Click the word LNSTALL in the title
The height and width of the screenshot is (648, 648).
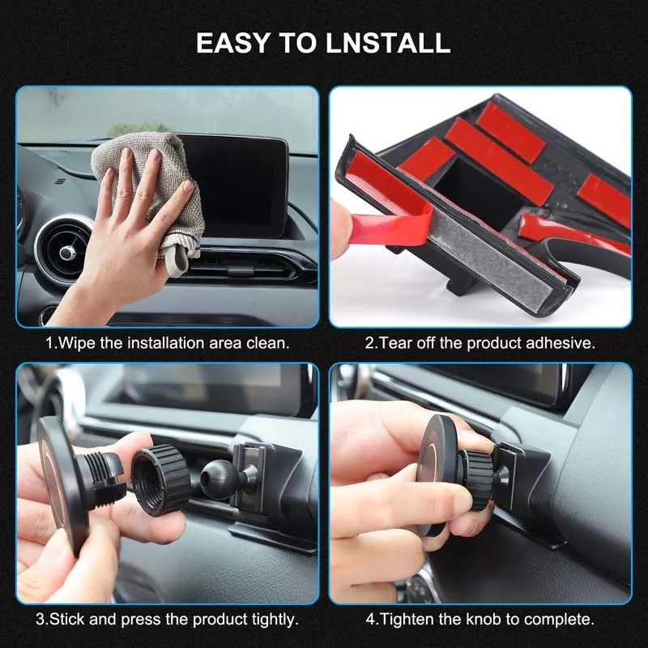tap(388, 43)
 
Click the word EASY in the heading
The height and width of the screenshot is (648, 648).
tap(232, 43)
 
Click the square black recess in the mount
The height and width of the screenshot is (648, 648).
tap(480, 194)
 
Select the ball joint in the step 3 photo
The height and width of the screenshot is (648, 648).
tap(218, 479)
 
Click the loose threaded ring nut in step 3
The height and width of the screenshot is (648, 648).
tap(161, 480)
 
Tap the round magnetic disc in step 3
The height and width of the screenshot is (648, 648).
tap(62, 485)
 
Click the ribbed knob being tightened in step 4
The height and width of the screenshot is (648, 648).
tap(480, 480)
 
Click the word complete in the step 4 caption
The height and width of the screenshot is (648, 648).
tap(559, 620)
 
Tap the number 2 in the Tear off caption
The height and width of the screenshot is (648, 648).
tap(369, 343)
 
